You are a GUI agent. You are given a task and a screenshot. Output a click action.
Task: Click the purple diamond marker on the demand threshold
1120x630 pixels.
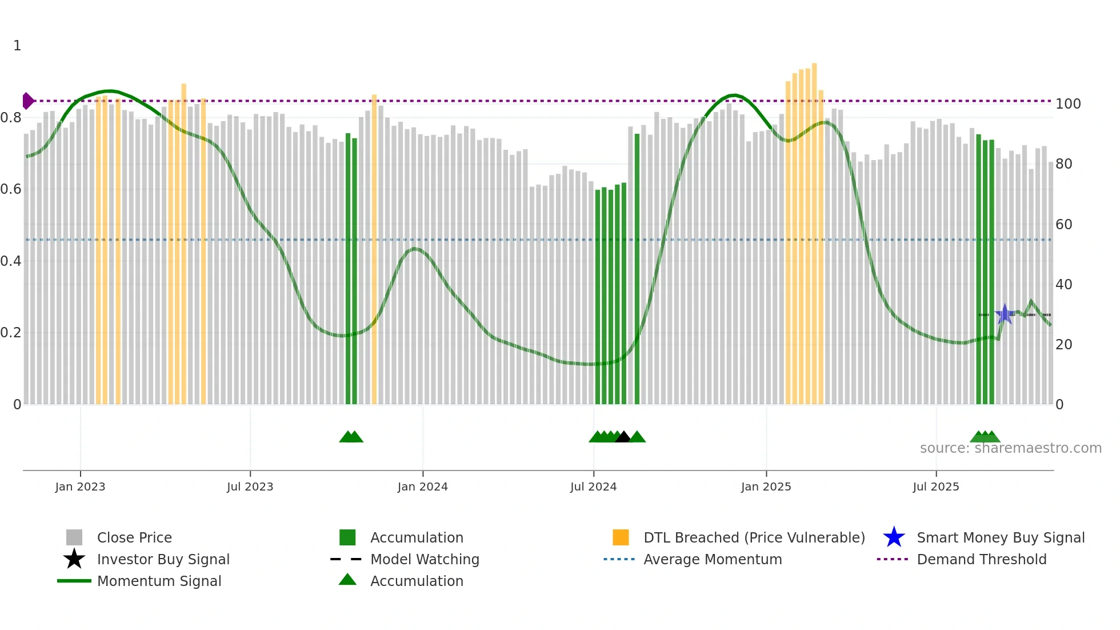pyautogui.click(x=27, y=101)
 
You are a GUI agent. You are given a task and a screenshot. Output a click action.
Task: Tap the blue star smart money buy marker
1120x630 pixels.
pyautogui.click(x=1005, y=314)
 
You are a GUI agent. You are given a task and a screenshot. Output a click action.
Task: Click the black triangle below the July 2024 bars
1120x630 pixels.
pyautogui.click(x=623, y=437)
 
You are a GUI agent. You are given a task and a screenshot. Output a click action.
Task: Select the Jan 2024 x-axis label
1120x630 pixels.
pyautogui.click(x=422, y=487)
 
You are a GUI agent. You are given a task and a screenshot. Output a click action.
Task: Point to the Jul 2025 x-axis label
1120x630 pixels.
pyautogui.click(x=935, y=487)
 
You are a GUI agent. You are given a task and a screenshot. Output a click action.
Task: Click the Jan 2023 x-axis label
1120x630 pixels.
pyautogui.click(x=80, y=487)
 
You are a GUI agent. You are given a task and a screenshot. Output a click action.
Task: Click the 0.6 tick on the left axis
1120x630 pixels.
pyautogui.click(x=11, y=189)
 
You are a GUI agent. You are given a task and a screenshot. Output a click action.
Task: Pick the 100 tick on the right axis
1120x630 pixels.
pyautogui.click(x=1067, y=104)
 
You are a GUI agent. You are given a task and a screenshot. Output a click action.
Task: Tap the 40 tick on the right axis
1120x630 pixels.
pyautogui.click(x=1063, y=284)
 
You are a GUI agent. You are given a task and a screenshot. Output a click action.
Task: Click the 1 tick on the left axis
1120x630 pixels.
pyautogui.click(x=17, y=46)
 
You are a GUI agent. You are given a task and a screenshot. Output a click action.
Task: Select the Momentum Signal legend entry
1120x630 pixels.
pyautogui.click(x=159, y=581)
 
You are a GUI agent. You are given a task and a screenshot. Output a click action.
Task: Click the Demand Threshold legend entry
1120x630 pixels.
pyautogui.click(x=981, y=559)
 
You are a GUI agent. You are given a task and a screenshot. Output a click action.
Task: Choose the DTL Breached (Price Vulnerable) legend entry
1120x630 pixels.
pyautogui.click(x=754, y=537)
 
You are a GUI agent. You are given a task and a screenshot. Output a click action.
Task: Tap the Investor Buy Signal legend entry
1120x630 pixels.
pyautogui.click(x=163, y=559)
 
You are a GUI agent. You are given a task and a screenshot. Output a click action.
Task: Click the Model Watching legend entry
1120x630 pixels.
pyautogui.click(x=425, y=559)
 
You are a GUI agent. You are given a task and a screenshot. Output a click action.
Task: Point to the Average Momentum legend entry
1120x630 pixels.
pyautogui.click(x=712, y=559)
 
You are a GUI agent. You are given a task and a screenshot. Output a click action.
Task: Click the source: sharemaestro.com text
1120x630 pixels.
pyautogui.click(x=1010, y=448)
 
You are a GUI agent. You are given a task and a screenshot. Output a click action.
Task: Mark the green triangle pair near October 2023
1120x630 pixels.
pyautogui.click(x=351, y=437)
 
